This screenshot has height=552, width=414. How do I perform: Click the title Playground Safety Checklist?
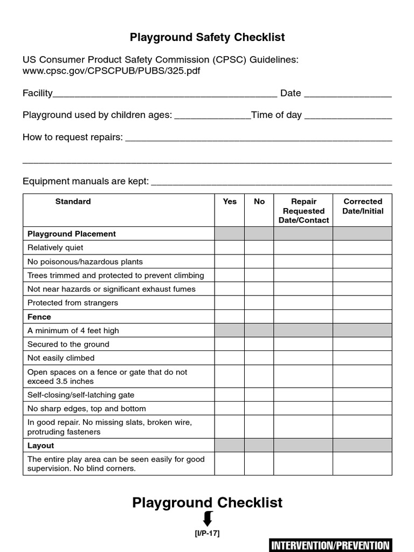click(x=207, y=37)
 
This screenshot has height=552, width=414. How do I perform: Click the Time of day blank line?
click(x=348, y=118)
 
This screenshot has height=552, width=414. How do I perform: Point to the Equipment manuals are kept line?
click(x=271, y=183)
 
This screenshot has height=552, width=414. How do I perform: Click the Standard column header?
click(x=73, y=202)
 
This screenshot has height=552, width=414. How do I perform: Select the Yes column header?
click(x=230, y=202)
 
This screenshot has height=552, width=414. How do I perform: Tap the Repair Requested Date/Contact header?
click(x=303, y=211)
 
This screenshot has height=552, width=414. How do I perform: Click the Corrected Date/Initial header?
click(x=363, y=206)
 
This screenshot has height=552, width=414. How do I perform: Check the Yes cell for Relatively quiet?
click(x=230, y=247)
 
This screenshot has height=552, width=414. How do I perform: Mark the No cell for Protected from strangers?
click(x=259, y=302)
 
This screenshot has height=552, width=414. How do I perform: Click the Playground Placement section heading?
click(x=72, y=234)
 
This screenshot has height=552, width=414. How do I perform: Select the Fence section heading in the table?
click(x=39, y=316)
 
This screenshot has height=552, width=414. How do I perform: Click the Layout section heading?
click(x=41, y=445)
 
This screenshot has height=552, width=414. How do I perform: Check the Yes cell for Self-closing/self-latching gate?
click(x=230, y=395)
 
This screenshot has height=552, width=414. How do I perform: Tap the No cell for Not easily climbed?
click(x=259, y=358)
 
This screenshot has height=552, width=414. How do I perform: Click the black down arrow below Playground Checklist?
click(x=207, y=519)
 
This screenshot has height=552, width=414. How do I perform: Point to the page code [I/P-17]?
click(x=207, y=533)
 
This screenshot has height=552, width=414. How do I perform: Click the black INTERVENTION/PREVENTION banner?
click(x=330, y=545)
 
